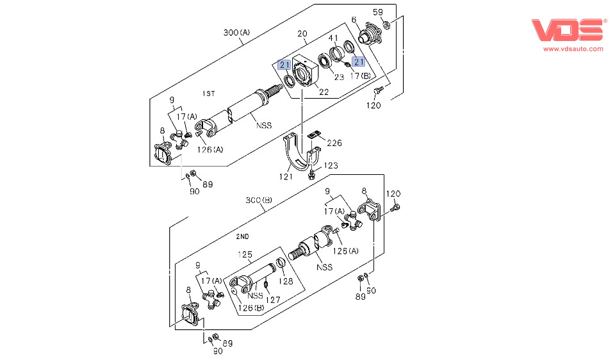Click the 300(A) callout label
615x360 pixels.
pos(236,33)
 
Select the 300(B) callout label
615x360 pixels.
pos(259,200)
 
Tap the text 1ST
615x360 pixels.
pos(208,94)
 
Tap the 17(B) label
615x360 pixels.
pos(359,76)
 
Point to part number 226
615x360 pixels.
pos(334,143)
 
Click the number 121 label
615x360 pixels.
pos(286,176)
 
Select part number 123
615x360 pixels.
pos(330,166)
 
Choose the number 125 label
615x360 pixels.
pos(245,255)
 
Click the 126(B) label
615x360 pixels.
pos(251,308)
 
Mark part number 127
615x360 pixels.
pos(274,299)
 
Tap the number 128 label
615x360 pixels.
pos(285,281)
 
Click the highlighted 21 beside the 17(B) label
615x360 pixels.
pos(359,61)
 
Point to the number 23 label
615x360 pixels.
pos(339,77)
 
